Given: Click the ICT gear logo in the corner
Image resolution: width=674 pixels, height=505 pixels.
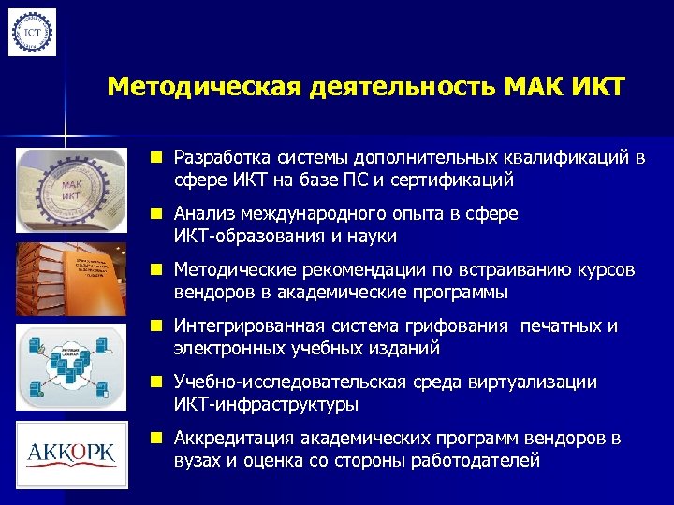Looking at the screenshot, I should (33, 32).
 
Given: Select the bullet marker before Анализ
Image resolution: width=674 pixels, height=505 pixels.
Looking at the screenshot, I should (163, 214).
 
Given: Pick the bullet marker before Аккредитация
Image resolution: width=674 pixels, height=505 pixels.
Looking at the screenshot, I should (163, 439).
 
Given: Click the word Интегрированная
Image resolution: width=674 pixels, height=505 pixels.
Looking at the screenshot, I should (247, 326).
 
